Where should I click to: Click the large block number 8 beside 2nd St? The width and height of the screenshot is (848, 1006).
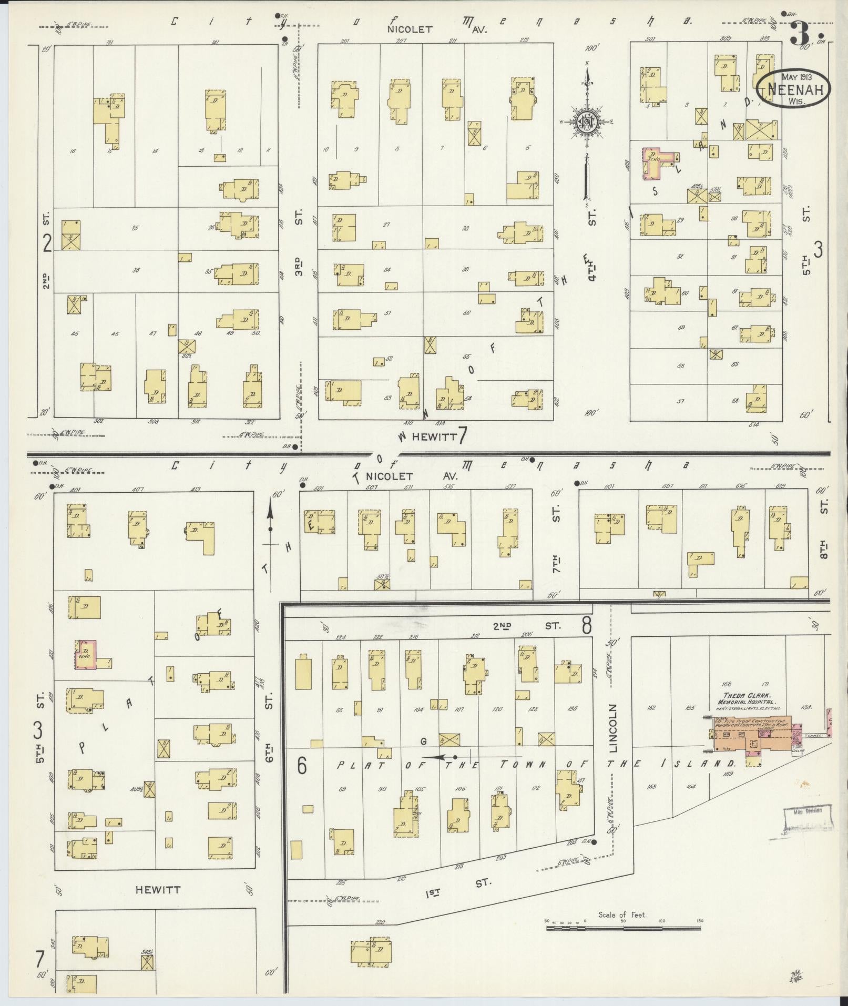pyautogui.click(x=586, y=626)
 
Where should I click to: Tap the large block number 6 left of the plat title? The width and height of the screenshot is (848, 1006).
pyautogui.click(x=302, y=766)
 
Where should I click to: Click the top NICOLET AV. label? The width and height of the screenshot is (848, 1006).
pyautogui.click(x=437, y=29)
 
